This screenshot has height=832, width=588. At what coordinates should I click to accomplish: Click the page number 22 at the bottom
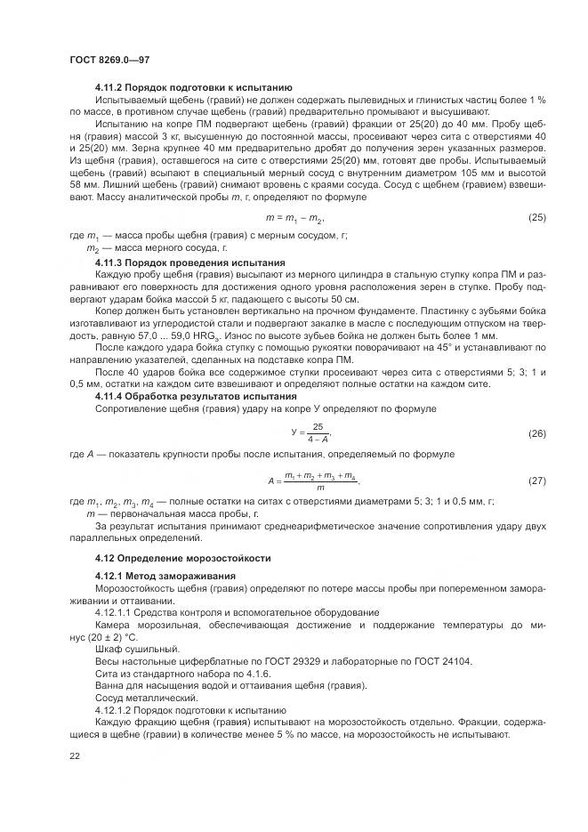click(x=75, y=755)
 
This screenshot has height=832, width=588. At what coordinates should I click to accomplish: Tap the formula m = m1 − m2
click(x=295, y=217)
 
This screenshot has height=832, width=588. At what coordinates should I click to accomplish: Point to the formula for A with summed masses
click(x=312, y=481)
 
